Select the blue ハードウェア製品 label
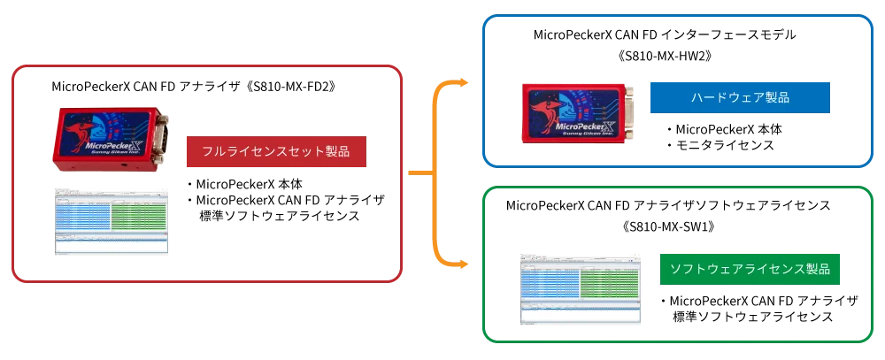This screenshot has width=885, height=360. [x=740, y=97]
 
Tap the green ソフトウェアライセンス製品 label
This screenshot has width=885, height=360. [x=750, y=268]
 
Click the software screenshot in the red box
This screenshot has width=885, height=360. [x=110, y=222]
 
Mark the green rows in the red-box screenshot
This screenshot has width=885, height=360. [x=140, y=214]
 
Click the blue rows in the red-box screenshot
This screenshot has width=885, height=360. [x=82, y=214]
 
